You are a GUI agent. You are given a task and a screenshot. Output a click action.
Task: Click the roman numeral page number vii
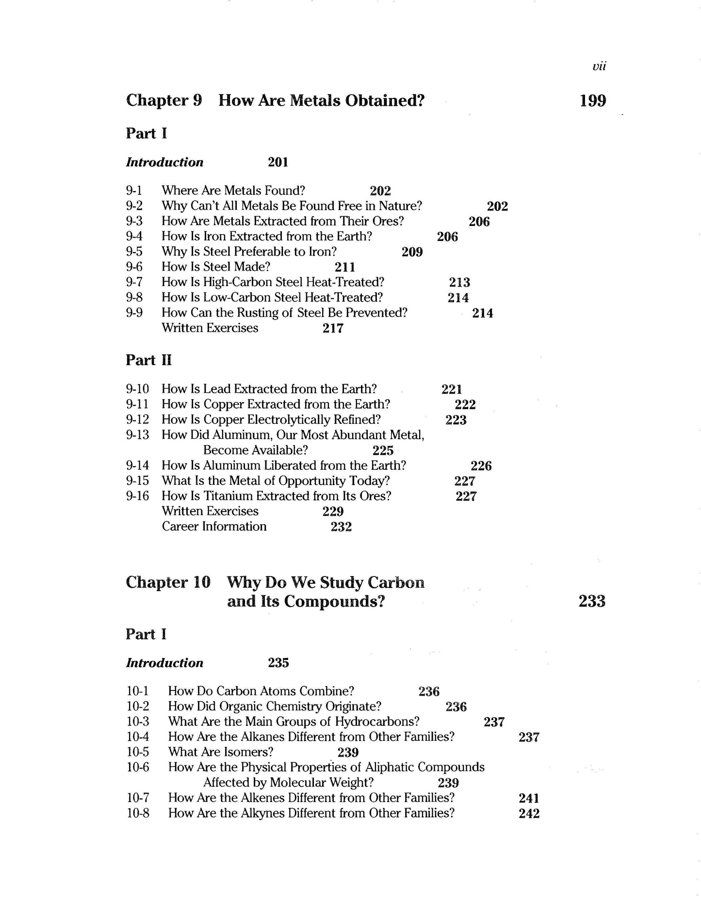click(x=599, y=66)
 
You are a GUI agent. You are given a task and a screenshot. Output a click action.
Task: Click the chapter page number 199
click(x=593, y=101)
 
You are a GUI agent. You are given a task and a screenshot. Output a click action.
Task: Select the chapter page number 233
click(x=592, y=601)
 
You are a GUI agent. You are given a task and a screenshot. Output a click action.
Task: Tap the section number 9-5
click(x=134, y=252)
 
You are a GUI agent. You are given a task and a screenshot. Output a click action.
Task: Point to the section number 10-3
click(x=138, y=722)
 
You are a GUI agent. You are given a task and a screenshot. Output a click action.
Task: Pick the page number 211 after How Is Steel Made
click(x=345, y=267)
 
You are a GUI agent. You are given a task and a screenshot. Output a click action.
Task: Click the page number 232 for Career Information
click(x=341, y=527)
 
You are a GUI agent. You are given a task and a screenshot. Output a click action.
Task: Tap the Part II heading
click(x=148, y=360)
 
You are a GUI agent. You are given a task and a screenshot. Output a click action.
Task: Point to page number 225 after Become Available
click(x=383, y=450)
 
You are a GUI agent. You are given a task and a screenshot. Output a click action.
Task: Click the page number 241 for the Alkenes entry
click(x=529, y=798)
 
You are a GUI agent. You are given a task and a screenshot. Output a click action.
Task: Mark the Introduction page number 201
click(x=278, y=162)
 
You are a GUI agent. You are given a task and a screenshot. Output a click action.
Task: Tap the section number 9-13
click(x=137, y=435)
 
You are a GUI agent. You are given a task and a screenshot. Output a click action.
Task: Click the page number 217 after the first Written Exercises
click(x=333, y=328)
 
